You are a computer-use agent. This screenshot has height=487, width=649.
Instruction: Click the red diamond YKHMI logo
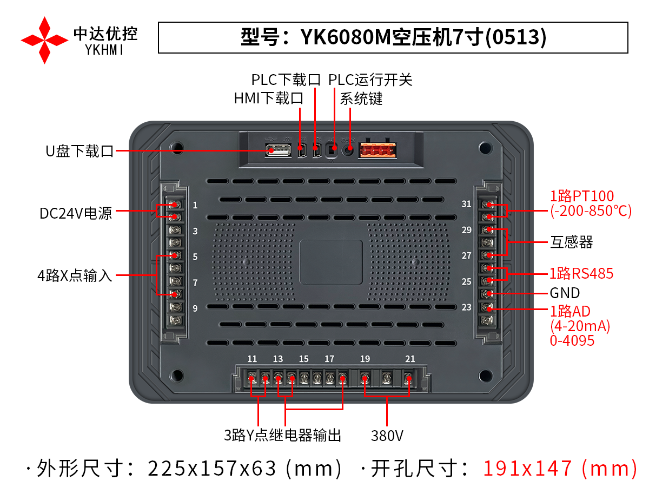point(45,40)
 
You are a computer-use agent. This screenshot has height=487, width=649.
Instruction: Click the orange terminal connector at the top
point(378,150)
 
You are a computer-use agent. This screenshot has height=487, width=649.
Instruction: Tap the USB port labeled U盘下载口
point(278,150)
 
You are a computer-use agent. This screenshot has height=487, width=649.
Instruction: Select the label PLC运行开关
point(370,80)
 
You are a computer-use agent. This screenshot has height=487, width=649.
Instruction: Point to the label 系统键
point(361,98)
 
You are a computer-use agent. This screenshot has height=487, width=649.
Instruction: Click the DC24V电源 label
point(76,213)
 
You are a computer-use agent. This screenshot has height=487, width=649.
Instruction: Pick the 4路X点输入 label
point(75,275)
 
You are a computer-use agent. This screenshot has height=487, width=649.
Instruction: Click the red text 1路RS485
point(581,273)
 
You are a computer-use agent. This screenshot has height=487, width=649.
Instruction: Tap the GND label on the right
point(565,293)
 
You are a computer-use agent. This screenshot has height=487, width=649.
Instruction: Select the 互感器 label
point(571,242)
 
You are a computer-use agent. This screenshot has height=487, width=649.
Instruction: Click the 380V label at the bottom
point(387,436)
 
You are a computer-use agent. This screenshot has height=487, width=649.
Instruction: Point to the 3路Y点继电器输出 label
point(282,435)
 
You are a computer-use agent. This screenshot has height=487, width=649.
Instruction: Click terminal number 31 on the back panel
point(466,204)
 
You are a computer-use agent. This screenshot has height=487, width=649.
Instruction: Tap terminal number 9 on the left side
point(195,308)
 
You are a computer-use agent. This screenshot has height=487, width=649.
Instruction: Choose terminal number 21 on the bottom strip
point(410,359)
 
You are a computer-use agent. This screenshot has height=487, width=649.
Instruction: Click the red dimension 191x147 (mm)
point(560,469)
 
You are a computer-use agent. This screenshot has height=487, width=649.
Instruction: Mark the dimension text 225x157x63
point(211,469)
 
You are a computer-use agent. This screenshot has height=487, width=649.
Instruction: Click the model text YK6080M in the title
point(346,37)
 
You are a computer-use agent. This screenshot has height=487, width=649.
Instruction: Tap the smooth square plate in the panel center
point(331,262)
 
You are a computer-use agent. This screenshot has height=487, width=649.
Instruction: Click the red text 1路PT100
point(582,196)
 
